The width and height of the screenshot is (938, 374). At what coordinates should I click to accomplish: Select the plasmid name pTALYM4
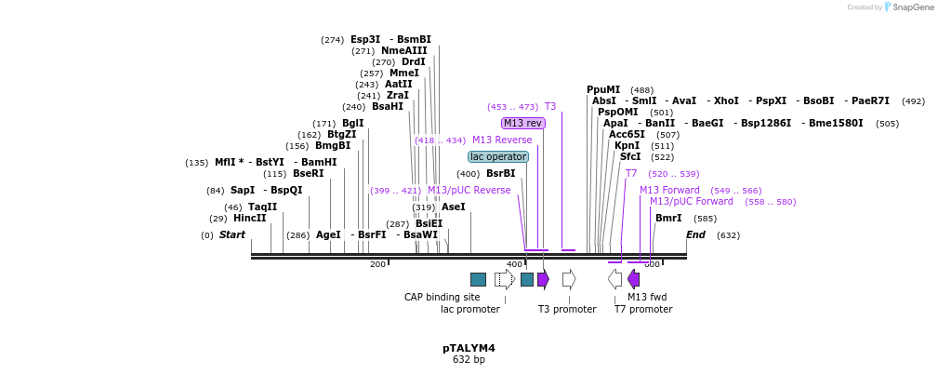click(x=469, y=348)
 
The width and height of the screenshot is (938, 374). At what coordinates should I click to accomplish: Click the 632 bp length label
click(x=469, y=360)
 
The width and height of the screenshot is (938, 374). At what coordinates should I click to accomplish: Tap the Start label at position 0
click(x=232, y=234)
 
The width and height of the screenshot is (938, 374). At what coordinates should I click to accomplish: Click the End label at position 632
click(x=695, y=234)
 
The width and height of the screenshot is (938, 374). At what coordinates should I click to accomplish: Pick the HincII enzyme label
click(x=249, y=218)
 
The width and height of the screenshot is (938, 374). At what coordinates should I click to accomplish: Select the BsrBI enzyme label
click(x=500, y=173)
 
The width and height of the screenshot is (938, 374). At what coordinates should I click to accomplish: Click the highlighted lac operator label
click(x=498, y=156)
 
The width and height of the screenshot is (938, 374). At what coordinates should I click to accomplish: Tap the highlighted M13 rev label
click(x=522, y=123)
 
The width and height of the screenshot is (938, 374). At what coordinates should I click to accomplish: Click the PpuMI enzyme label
click(x=603, y=89)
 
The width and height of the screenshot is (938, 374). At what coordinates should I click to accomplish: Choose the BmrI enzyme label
click(x=668, y=218)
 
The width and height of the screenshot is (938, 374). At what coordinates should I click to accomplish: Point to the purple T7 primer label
click(x=631, y=173)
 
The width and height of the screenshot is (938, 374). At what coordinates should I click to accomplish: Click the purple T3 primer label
click(x=550, y=106)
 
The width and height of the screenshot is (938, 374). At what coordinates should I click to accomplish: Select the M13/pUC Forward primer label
click(x=691, y=201)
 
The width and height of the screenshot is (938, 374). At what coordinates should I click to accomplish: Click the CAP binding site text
click(x=442, y=297)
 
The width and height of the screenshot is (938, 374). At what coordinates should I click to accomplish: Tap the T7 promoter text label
click(x=642, y=309)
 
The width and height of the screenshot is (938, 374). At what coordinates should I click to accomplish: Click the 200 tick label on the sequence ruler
click(x=377, y=264)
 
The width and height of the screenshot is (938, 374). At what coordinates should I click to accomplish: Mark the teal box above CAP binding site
click(x=478, y=279)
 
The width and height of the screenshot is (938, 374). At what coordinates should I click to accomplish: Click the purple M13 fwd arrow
click(x=633, y=279)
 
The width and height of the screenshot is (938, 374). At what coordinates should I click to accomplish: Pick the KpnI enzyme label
click(x=627, y=145)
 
